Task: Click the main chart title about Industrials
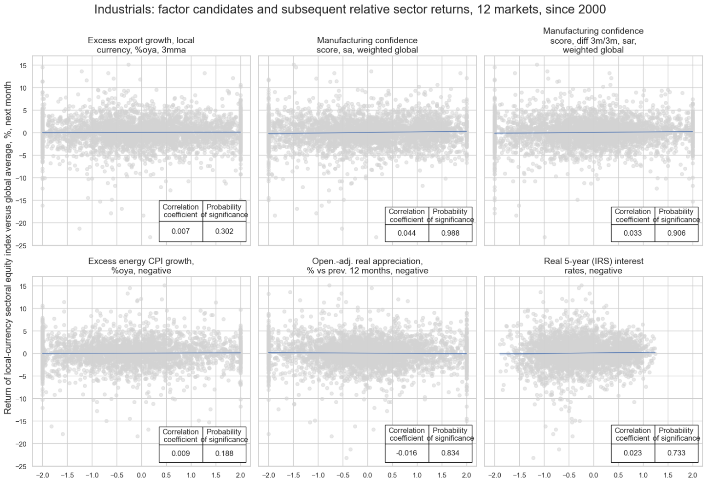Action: (350, 9)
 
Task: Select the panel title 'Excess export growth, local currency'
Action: (141, 45)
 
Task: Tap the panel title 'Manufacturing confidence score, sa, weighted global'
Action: (367, 45)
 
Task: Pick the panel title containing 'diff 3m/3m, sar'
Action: (593, 41)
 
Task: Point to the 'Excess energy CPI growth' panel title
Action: (141, 266)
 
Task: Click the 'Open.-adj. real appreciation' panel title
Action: (367, 266)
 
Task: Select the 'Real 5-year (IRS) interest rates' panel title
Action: (593, 266)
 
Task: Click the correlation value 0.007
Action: (180, 231)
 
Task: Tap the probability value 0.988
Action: (450, 233)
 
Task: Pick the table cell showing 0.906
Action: (676, 233)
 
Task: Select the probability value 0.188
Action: (224, 453)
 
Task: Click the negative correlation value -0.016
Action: (406, 453)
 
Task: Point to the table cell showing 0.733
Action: (676, 453)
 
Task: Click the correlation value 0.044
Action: (406, 233)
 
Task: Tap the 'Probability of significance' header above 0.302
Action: (224, 211)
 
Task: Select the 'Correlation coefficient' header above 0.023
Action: (632, 434)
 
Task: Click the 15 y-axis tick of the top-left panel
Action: (23, 65)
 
